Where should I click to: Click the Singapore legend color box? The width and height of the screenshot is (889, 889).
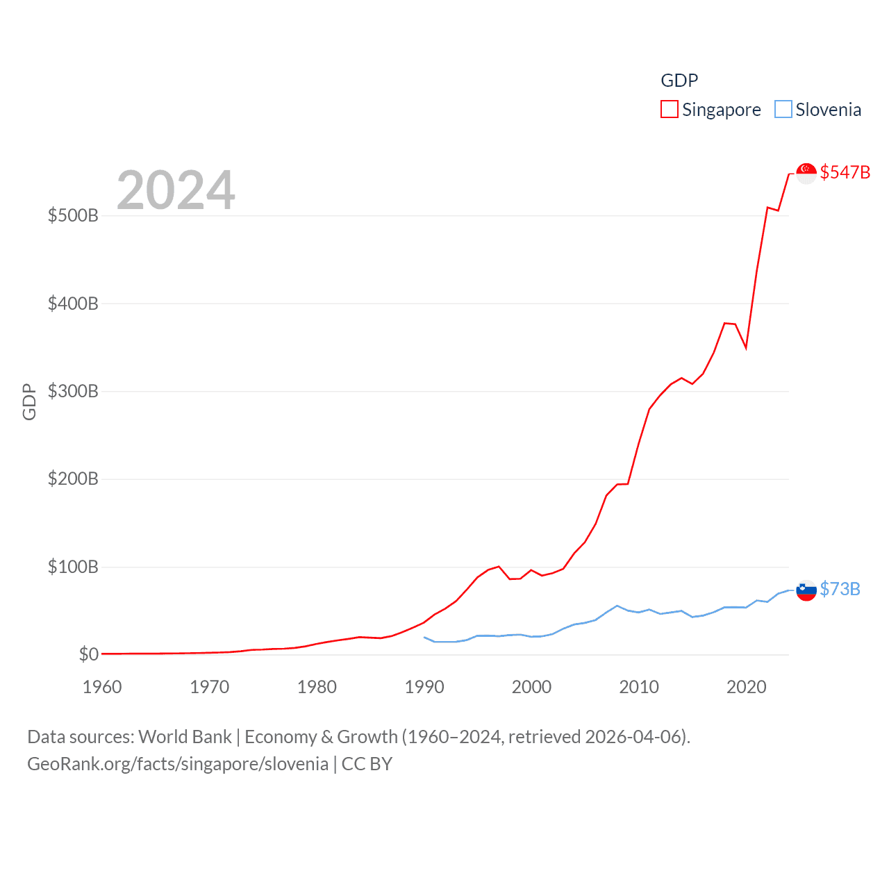[x=669, y=110]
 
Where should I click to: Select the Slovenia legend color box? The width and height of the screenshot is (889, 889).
[x=783, y=110]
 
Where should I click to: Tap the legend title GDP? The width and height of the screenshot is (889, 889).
[x=679, y=81]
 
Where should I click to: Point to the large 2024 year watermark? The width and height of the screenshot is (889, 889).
[x=176, y=190]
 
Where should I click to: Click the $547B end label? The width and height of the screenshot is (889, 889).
[x=845, y=172]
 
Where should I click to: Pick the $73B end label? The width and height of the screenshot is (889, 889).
[x=840, y=589]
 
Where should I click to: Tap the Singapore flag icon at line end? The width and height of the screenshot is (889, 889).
[x=806, y=173]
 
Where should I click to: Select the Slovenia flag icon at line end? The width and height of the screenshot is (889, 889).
[x=806, y=590]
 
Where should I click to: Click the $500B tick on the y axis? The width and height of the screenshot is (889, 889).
[x=73, y=215]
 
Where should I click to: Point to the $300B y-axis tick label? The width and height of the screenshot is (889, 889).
[x=73, y=391]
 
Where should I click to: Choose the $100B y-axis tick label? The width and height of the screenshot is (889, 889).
[x=73, y=567]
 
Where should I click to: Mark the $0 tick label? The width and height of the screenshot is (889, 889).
[x=88, y=654]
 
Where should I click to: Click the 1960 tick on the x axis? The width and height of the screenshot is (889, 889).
[x=102, y=687]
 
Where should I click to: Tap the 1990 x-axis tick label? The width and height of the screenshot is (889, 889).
[x=424, y=687]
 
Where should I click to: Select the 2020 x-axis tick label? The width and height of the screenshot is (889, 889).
[x=747, y=687]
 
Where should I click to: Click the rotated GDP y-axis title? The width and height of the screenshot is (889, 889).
[x=29, y=401]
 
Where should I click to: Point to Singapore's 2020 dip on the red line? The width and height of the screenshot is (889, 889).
[x=746, y=347]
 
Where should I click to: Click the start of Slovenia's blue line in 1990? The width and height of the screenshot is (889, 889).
[x=424, y=637]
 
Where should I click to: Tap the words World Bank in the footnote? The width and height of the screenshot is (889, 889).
[x=185, y=736]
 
